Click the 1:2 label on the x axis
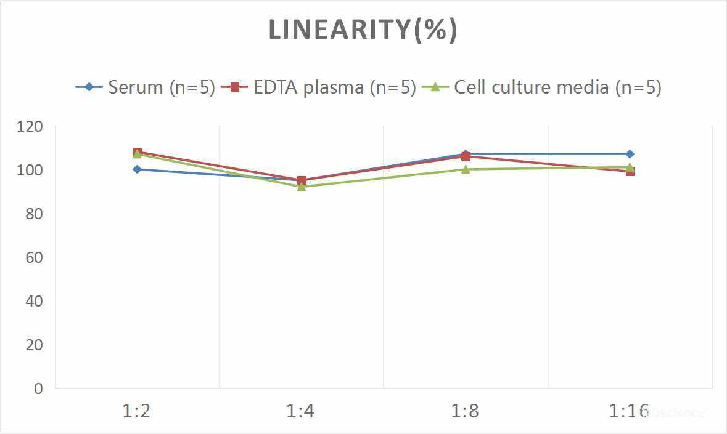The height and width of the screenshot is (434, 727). point(137,411)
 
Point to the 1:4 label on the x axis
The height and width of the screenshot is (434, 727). point(301,411)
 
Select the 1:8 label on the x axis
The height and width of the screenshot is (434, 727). point(466,411)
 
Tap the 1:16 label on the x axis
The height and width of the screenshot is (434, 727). point(629,411)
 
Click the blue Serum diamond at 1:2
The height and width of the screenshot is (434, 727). point(137,169)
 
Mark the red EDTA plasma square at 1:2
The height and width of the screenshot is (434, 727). point(138,151)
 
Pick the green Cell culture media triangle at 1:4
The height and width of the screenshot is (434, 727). point(302,187)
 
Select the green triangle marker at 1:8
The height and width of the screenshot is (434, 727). point(466,169)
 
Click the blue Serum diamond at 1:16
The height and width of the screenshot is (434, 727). point(630,154)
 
